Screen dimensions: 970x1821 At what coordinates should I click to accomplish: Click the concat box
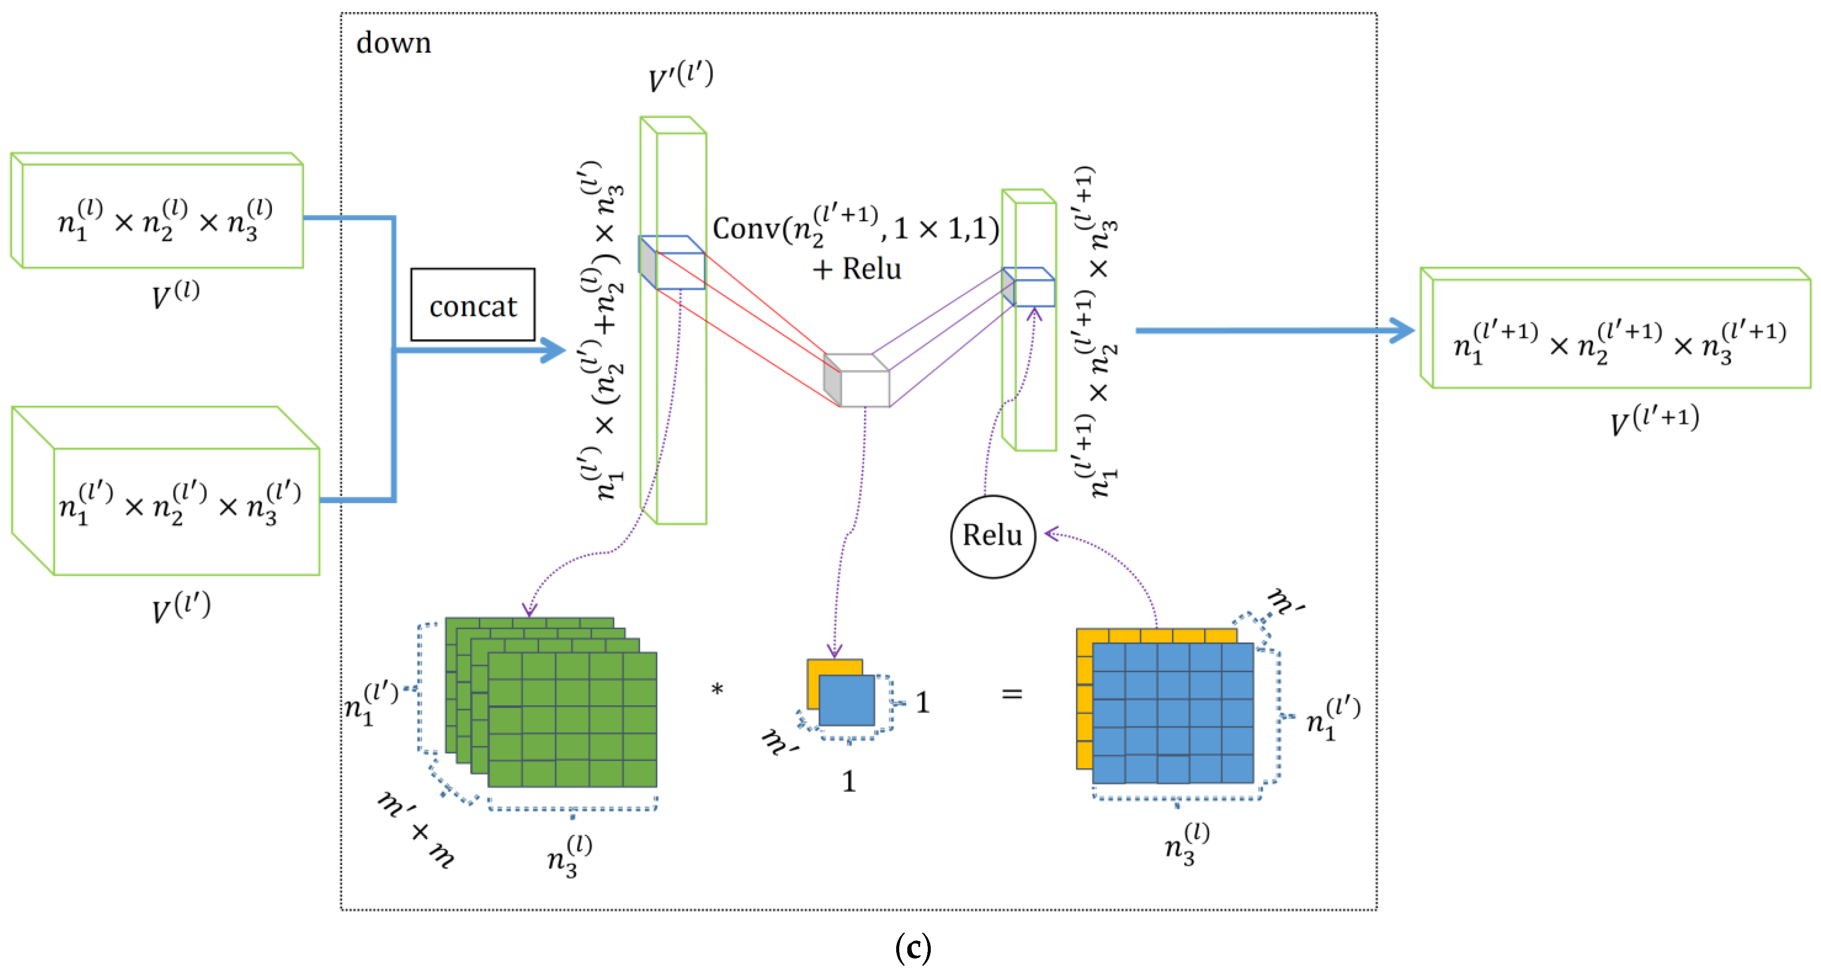coord(472,305)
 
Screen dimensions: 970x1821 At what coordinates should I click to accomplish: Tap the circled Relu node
coord(993,536)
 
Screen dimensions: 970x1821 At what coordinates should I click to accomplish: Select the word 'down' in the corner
coord(393,43)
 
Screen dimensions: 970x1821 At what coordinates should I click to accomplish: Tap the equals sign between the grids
coord(1012,694)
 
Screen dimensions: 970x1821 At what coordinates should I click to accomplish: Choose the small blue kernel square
coord(847,700)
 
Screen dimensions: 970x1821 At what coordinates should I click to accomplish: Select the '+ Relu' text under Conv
coord(857,269)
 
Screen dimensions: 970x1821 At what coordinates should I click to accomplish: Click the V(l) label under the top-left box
coord(175,295)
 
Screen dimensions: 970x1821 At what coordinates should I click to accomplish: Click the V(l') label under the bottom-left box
coord(181,607)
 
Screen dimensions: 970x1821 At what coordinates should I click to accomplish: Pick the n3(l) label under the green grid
coord(569,855)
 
